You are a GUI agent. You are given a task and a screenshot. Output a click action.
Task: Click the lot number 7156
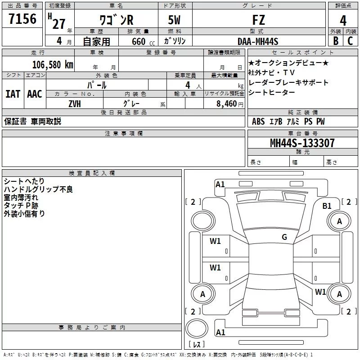pyautogui.click(x=22, y=20)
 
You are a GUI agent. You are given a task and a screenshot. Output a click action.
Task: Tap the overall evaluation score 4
pyautogui.click(x=343, y=21)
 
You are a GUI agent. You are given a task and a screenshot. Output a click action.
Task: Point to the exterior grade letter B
pyautogui.click(x=335, y=41)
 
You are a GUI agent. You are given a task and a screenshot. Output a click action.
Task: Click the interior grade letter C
pyautogui.click(x=350, y=41)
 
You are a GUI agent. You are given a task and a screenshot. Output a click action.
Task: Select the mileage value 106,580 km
pyautogui.click(x=53, y=64)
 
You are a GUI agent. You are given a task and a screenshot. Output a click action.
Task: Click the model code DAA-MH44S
pyautogui.click(x=258, y=41)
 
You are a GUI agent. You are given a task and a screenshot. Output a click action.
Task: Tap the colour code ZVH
pyautogui.click(x=75, y=103)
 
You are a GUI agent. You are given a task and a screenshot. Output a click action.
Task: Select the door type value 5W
pyautogui.click(x=175, y=20)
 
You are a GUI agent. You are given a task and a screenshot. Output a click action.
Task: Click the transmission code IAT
pyautogui.click(x=13, y=94)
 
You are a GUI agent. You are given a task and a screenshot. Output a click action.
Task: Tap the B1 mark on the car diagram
pyautogui.click(x=327, y=206)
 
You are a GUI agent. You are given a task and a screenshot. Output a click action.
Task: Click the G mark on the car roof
pyautogui.click(x=284, y=237)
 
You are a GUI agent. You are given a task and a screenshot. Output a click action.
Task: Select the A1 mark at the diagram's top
pyautogui.click(x=220, y=184)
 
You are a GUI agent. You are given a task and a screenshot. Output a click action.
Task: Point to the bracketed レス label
pyautogui.click(x=196, y=344)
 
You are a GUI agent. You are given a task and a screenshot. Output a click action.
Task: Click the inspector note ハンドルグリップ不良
pyautogui.click(x=38, y=189)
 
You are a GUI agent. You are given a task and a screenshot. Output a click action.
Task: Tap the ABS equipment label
pyautogui.click(x=258, y=121)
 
